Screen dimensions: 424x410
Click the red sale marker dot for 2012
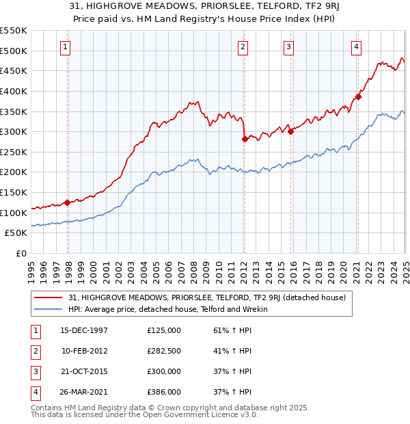click(244, 139)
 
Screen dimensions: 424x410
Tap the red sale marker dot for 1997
click(68, 202)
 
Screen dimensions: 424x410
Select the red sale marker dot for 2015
click(290, 131)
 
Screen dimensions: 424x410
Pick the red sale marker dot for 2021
click(358, 96)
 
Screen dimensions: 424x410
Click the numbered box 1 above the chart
click(65, 47)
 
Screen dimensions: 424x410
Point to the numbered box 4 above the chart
click(357, 47)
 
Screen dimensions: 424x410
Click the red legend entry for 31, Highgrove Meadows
click(207, 297)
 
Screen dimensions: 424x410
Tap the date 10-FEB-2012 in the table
click(84, 351)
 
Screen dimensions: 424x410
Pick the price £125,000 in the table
click(164, 330)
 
